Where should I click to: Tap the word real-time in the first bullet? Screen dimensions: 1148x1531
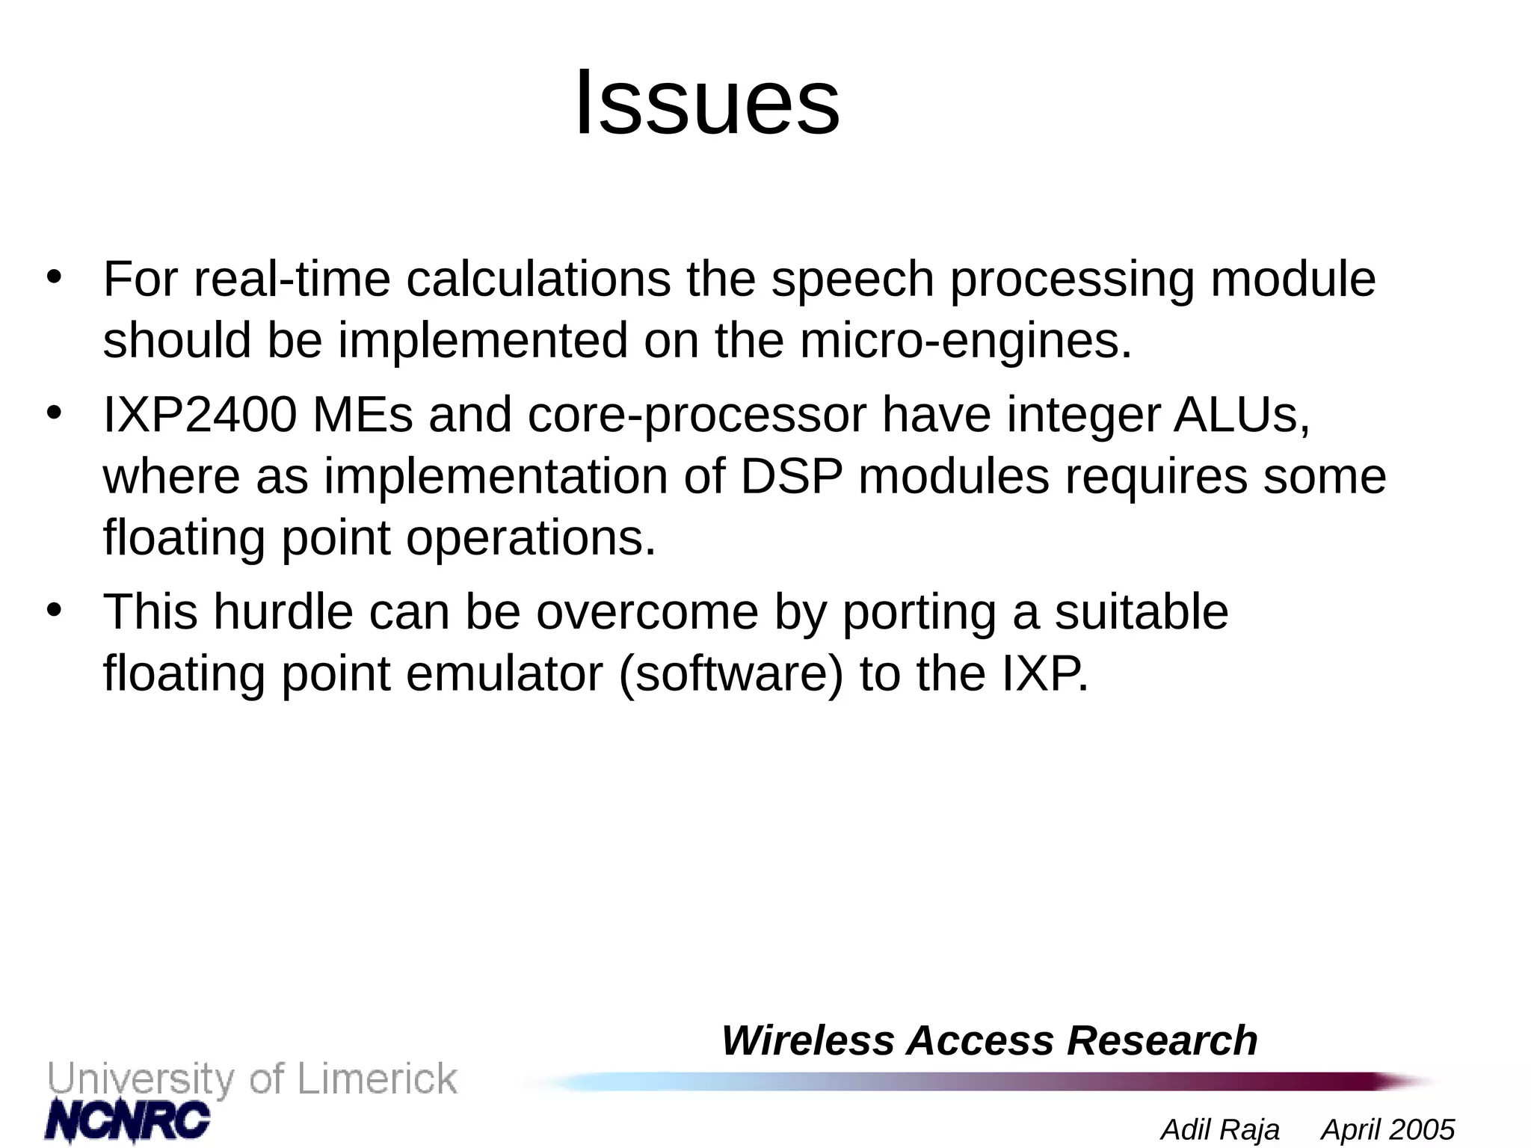click(292, 280)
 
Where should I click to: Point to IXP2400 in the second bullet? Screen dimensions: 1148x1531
click(200, 415)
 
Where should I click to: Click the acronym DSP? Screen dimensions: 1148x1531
click(791, 477)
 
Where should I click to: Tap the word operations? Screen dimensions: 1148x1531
click(530, 539)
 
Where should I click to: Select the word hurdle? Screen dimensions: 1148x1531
click(283, 612)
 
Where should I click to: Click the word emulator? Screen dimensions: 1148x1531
click(505, 674)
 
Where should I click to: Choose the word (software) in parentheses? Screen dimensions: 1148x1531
click(731, 674)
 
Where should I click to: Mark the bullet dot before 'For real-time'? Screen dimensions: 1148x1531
click(53, 277)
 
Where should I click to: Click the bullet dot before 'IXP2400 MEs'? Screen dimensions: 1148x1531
click(53, 413)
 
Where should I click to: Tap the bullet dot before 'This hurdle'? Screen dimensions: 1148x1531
click(53, 610)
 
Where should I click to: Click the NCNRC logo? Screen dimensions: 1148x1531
click(128, 1120)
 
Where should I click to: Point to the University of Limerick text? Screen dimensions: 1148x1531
click(253, 1079)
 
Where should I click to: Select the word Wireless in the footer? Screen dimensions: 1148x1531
click(807, 1040)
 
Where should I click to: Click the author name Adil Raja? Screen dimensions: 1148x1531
click(1220, 1129)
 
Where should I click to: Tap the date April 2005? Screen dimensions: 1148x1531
click(1387, 1129)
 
